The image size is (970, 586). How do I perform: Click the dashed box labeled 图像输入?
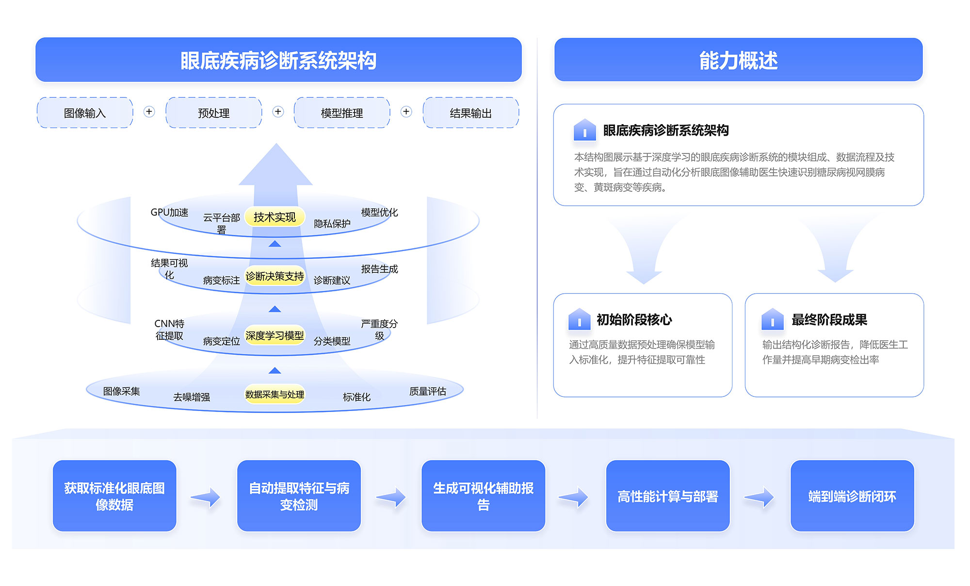point(85,113)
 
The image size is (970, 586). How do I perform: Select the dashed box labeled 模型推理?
point(342,113)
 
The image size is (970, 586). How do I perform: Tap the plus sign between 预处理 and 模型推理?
point(278,112)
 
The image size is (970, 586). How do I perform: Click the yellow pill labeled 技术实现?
point(275,217)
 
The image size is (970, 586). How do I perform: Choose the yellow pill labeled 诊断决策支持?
point(275,276)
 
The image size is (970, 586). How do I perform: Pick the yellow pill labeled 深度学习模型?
point(275,335)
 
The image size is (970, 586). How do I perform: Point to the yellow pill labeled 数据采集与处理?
point(275,395)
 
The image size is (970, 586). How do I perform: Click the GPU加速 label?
point(169,212)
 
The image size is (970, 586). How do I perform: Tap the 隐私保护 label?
point(332,223)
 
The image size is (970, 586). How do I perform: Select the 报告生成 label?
point(379,269)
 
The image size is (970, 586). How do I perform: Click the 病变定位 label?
point(221,341)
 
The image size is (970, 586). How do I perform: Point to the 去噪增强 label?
point(192,397)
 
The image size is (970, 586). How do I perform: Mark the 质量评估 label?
point(428,391)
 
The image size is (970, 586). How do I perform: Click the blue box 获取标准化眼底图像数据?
point(114,496)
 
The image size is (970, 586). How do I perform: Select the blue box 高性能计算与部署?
point(668,496)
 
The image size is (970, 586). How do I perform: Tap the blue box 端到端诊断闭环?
point(852,496)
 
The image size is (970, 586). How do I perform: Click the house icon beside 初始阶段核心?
point(579,319)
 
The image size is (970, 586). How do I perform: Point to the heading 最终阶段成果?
point(829,320)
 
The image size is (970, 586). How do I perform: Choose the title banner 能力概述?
point(738,60)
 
